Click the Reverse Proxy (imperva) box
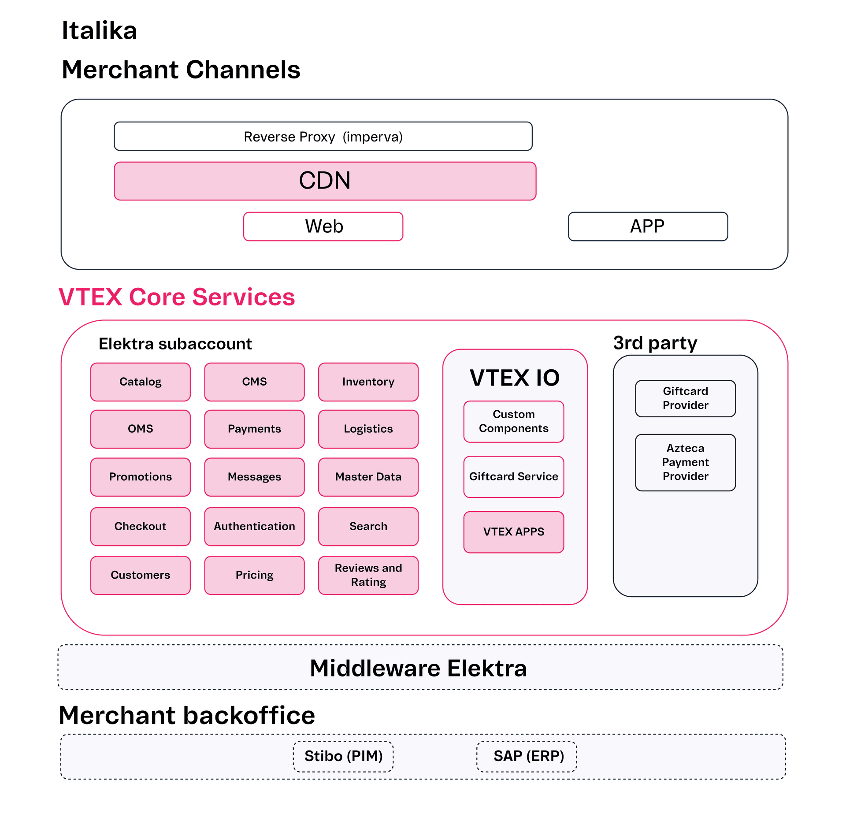323,136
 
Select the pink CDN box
325,181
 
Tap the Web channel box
323,227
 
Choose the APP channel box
648,227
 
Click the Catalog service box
141,382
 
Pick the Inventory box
368,382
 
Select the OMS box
141,429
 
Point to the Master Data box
368,477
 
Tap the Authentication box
254,526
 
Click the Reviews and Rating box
368,575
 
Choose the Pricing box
254,575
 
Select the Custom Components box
514,421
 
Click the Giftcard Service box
514,477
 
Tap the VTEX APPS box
514,532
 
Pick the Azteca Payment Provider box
685,462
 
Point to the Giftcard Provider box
685,398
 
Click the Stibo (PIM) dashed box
343,756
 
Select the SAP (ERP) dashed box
527,756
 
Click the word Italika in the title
100,30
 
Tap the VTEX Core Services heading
177,297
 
